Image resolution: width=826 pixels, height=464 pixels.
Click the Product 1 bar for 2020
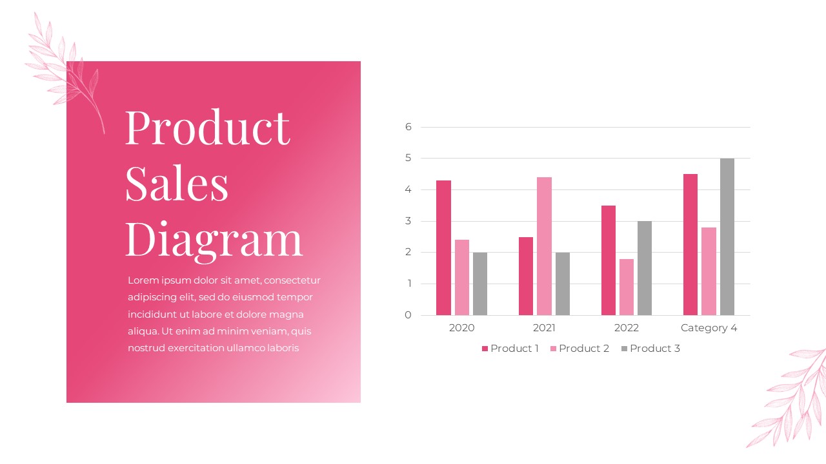coord(443,248)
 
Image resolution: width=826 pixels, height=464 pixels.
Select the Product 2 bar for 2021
coord(544,246)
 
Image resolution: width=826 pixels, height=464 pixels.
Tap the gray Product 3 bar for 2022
coord(645,268)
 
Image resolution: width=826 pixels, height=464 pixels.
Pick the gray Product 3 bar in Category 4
coord(727,237)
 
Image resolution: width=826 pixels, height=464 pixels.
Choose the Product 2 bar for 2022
coord(627,287)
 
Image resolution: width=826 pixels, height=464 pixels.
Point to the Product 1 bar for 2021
coord(526,276)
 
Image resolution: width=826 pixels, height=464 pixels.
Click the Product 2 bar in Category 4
coord(709,271)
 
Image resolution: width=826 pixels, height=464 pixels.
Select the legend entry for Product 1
coord(510,349)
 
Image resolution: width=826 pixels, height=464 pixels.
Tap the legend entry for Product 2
coord(579,349)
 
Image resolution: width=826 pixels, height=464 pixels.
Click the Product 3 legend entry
coord(650,349)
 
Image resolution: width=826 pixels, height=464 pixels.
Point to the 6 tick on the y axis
coord(408,127)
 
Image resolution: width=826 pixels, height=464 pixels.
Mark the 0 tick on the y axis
coord(408,315)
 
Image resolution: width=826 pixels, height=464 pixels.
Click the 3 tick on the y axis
coord(408,221)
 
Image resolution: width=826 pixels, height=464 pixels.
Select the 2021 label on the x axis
coord(544,328)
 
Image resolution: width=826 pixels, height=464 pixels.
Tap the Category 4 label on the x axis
coord(709,328)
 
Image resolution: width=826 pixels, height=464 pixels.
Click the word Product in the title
coord(207,127)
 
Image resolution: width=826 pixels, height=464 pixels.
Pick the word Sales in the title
coord(177,183)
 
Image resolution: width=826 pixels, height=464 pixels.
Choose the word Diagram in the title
coord(214,238)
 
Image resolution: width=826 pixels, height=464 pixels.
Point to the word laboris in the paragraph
coord(279,348)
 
